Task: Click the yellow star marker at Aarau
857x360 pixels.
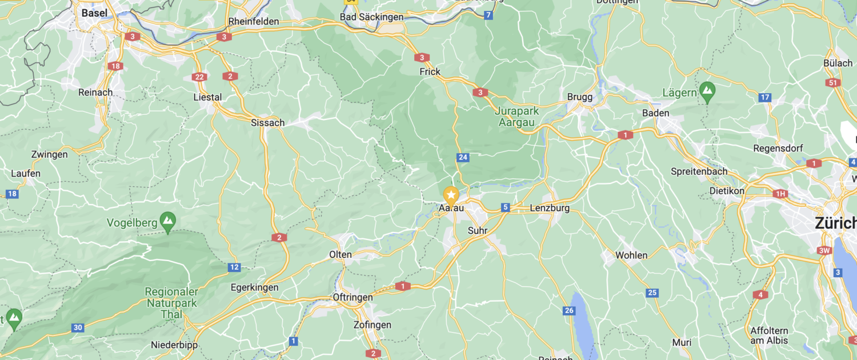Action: (451, 195)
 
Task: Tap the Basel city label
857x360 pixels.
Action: (94, 13)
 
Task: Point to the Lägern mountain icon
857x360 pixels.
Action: (707, 90)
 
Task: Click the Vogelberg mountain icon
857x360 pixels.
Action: (168, 220)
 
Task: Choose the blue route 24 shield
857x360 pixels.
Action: (463, 157)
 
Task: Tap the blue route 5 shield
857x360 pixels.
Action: (506, 207)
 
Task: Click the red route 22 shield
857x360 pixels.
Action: (199, 77)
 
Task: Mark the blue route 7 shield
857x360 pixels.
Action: (488, 15)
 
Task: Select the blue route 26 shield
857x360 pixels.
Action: (568, 310)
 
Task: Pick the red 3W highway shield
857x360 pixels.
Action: (824, 250)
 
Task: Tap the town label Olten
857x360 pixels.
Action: (341, 254)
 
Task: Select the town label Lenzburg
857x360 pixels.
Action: (550, 208)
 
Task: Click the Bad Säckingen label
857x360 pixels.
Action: (372, 17)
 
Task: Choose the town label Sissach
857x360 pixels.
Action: (268, 122)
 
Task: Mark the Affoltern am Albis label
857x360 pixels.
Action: (769, 335)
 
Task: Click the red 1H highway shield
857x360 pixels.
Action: (780, 194)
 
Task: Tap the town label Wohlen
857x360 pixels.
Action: (631, 255)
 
